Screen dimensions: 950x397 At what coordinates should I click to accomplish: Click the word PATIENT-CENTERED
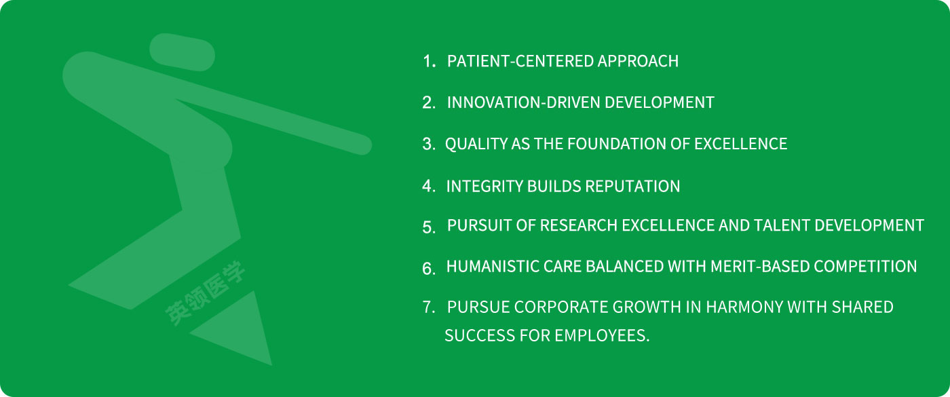pos(521,61)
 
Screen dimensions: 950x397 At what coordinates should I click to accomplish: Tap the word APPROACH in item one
pos(638,61)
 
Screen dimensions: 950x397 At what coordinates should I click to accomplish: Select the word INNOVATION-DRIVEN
pos(523,102)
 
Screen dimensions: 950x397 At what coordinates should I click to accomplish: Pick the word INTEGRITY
pos(484,186)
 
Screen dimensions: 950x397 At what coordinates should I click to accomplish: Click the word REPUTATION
pos(632,186)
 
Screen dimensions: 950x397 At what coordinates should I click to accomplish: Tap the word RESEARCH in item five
pos(578,225)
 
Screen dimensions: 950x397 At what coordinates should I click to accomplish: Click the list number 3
pos(428,144)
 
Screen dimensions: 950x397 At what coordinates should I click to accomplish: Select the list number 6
pos(428,269)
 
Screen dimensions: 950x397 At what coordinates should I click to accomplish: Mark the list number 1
pos(429,62)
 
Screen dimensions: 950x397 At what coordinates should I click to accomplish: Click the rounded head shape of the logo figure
pos(183,52)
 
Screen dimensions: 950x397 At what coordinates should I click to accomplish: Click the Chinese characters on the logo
pos(205,293)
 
